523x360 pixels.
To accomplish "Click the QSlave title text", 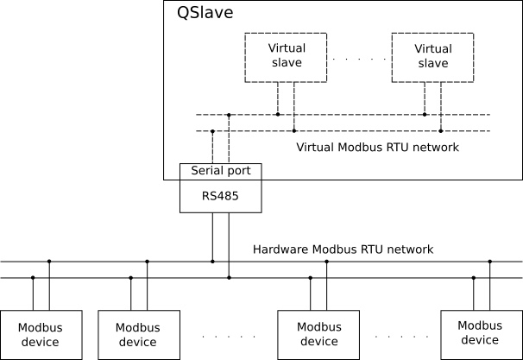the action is [x=205, y=13].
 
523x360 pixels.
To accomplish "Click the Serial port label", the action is [x=220, y=170].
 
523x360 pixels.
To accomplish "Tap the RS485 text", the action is [x=220, y=196].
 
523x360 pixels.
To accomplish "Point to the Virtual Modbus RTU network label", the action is [x=377, y=147].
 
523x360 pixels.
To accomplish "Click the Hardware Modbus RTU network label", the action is [x=343, y=249].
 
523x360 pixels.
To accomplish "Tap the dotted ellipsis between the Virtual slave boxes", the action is [x=359, y=59].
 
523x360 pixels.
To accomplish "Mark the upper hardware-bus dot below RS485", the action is [x=212, y=262].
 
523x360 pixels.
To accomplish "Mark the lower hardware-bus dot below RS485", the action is [x=229, y=278].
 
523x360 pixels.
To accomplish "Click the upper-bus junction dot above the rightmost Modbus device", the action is [x=490, y=262].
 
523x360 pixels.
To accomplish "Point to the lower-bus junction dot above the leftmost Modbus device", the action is [x=33, y=278].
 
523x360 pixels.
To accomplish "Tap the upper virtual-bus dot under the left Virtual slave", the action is [x=278, y=115].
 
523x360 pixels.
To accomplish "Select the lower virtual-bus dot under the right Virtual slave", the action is [x=441, y=130].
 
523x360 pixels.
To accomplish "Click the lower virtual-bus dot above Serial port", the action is [x=212, y=131].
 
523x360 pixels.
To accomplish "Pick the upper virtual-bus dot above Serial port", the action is [x=229, y=115].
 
